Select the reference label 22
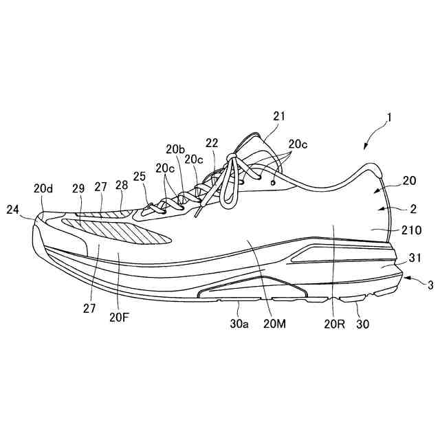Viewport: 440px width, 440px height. tap(212, 143)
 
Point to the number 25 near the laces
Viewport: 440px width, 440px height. tap(140, 177)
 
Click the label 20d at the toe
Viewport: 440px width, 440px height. tap(43, 187)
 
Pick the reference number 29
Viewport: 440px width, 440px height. tap(78, 187)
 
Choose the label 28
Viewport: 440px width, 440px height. tap(122, 186)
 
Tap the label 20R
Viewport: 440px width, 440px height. tap(333, 322)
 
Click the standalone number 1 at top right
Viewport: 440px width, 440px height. tap(389, 118)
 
